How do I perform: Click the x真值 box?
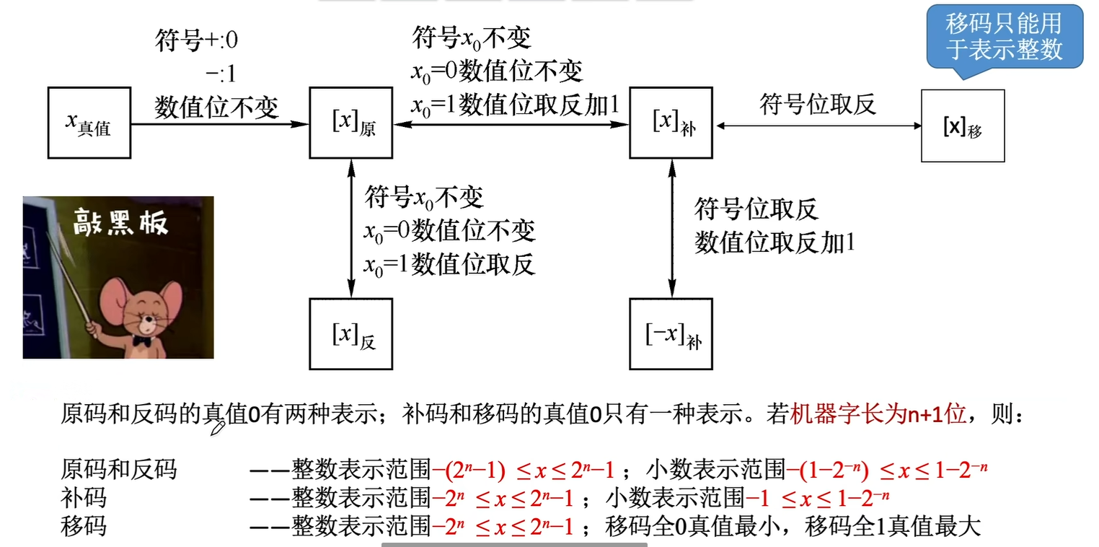pos(89,123)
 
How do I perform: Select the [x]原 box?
pos(351,123)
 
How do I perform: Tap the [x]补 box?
pos(671,123)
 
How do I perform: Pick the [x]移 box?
pos(963,126)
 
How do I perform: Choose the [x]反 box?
pos(351,334)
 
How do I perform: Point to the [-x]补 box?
pos(671,334)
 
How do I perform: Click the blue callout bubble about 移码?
pos(1004,36)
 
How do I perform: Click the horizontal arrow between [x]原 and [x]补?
pos(511,124)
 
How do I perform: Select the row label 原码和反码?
pos(118,470)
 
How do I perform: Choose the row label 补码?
pos(83,498)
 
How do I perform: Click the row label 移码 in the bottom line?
pos(83,525)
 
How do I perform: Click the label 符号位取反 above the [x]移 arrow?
pos(818,105)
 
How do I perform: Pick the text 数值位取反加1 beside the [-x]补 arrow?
pos(774,242)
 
